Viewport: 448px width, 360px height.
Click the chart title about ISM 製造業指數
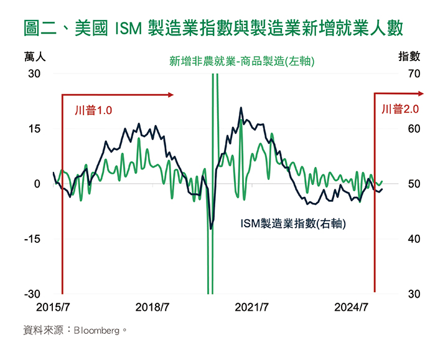click(213, 28)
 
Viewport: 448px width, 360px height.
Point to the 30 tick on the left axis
click(33, 73)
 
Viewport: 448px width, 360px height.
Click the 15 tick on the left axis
click(34, 129)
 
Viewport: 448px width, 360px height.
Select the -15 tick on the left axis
click(32, 239)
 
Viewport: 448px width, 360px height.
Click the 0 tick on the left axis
click(37, 184)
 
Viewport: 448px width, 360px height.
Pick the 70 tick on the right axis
click(414, 73)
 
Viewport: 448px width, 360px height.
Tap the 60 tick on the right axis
click(414, 129)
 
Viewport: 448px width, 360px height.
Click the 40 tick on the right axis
click(414, 239)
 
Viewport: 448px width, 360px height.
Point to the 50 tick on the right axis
click(414, 184)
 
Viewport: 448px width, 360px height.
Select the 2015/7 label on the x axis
click(54, 307)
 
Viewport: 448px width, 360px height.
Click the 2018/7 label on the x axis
click(152, 307)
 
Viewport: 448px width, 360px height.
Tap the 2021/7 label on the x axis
click(251, 307)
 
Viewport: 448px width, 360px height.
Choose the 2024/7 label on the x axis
click(352, 307)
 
